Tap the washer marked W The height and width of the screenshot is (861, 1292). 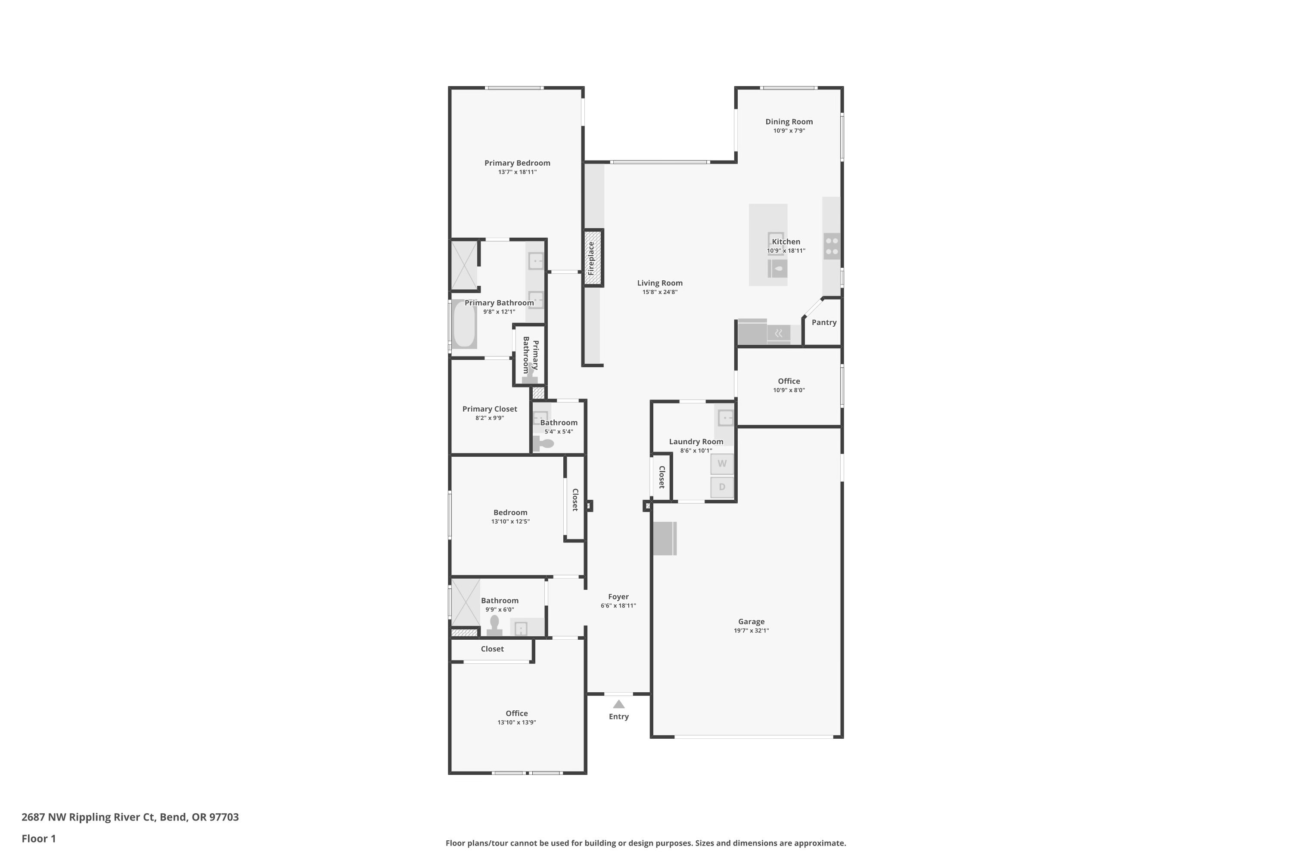click(x=722, y=464)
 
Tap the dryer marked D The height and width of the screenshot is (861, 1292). click(x=722, y=487)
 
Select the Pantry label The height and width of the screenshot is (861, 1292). click(x=824, y=323)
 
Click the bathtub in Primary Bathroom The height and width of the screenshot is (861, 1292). click(x=464, y=325)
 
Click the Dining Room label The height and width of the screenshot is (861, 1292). click(x=789, y=122)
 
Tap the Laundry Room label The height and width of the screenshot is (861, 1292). click(x=696, y=442)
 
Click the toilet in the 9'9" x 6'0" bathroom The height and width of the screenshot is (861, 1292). click(x=494, y=626)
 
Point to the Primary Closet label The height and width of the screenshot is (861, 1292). click(x=489, y=409)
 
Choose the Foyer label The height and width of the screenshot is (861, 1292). click(x=618, y=597)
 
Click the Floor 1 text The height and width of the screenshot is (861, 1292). click(x=38, y=839)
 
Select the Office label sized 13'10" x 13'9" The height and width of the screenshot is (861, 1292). click(x=516, y=714)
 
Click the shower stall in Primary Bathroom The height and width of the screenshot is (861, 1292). click(x=464, y=266)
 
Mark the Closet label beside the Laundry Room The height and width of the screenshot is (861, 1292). click(x=662, y=477)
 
